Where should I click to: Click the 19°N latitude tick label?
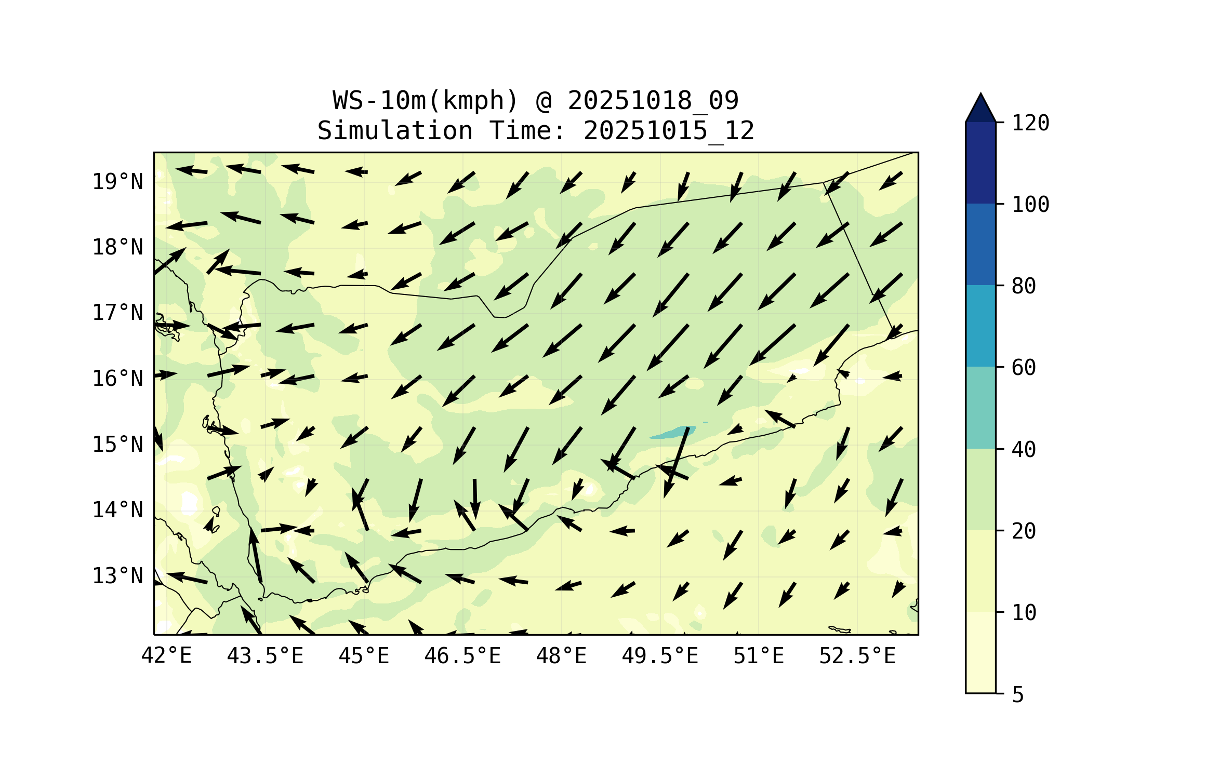click(117, 182)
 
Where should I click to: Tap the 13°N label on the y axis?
click(117, 576)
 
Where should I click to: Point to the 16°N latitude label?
click(117, 379)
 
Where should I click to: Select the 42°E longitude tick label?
click(166, 656)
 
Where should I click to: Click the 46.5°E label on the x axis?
click(462, 656)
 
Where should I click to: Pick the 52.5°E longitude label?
click(857, 656)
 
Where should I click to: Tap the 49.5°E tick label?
click(660, 656)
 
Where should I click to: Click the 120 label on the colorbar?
click(1030, 123)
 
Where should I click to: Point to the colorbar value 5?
click(1018, 695)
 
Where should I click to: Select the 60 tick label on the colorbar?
click(1024, 368)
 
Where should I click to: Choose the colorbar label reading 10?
click(1024, 613)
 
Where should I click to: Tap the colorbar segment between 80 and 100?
click(981, 244)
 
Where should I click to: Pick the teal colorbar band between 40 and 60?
click(981, 408)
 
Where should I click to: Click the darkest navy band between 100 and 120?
click(981, 163)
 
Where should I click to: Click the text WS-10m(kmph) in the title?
click(426, 100)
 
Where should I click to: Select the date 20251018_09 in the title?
click(653, 100)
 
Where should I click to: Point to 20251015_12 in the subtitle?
click(669, 130)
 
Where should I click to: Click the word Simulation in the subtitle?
click(395, 130)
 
